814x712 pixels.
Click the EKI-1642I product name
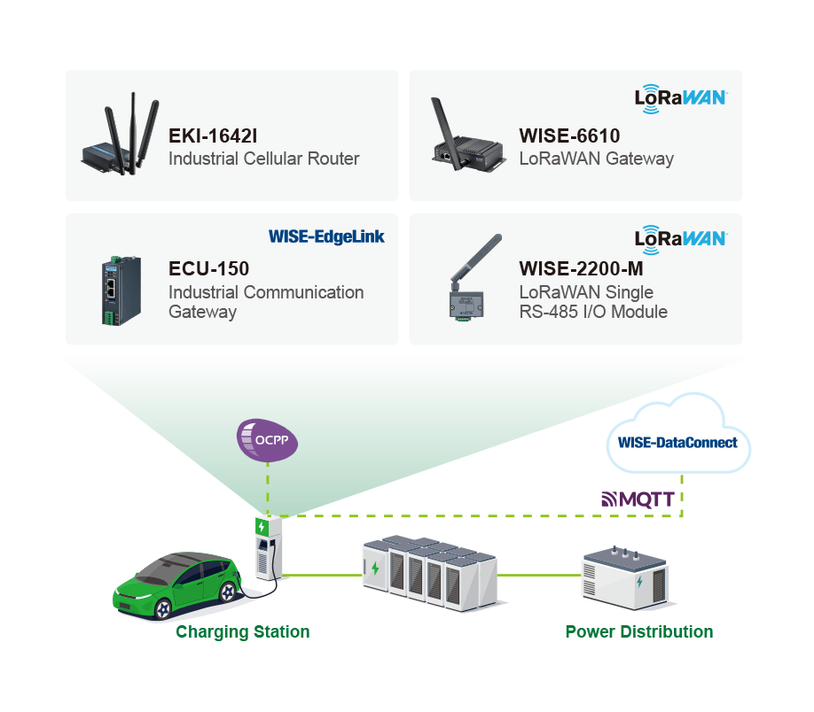pos(213,135)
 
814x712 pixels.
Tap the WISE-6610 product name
pos(569,135)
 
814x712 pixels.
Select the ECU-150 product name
pos(208,268)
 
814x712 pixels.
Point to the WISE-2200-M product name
pos(581,268)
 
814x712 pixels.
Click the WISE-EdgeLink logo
pos(326,236)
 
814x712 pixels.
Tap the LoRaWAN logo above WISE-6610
pos(681,98)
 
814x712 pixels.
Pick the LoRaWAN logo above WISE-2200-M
pos(681,240)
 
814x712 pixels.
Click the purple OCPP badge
pos(267,440)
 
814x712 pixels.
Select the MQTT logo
pos(638,499)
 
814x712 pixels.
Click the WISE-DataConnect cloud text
pos(677,442)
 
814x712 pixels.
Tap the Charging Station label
pos(242,631)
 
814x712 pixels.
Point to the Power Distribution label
pos(639,631)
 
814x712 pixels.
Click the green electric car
pos(176,586)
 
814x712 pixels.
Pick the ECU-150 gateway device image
pos(121,290)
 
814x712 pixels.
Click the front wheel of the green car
pos(162,609)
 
